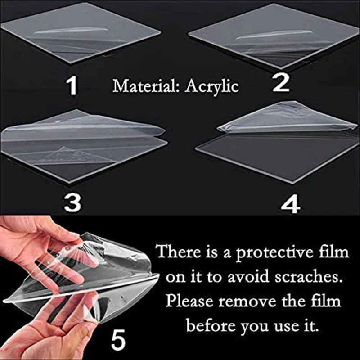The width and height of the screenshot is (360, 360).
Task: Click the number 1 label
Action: [72, 85]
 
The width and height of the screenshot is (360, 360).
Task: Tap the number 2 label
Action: [281, 83]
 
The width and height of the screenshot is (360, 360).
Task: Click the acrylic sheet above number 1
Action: [81, 34]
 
